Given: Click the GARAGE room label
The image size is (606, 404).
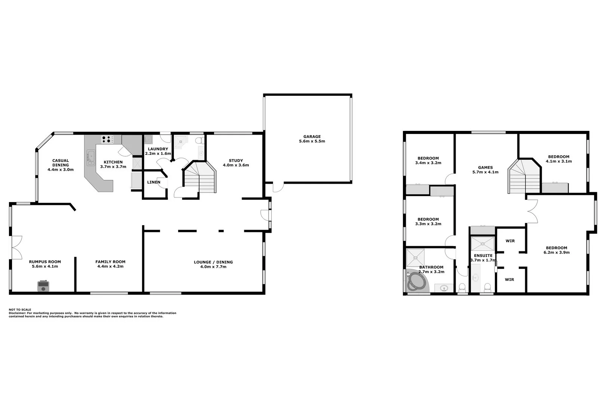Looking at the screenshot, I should click(312, 137).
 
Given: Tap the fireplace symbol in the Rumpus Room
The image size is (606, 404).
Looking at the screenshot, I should click(43, 287).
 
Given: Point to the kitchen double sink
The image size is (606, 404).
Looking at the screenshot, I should click(91, 157).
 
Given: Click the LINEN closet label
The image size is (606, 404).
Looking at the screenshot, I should click(153, 182).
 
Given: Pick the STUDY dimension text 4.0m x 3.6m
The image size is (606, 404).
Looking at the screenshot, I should click(236, 165).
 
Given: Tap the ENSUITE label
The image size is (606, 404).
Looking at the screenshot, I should click(483, 255).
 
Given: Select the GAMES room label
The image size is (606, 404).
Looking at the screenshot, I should click(485, 168).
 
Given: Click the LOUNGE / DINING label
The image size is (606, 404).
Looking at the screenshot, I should click(213, 262).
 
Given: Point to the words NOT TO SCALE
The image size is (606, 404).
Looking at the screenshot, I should click(20, 310).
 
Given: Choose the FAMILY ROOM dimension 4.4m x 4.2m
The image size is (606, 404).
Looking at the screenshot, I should click(110, 266).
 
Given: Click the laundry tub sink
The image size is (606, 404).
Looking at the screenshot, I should click(148, 140).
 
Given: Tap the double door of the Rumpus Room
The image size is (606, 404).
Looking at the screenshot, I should click(16, 247).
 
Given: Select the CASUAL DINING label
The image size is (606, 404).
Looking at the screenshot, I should click(61, 163).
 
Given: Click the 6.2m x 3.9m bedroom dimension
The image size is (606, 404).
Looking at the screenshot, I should click(556, 252).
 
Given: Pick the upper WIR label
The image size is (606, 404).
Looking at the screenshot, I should click(510, 241).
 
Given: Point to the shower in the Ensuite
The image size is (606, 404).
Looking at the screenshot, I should click(482, 244).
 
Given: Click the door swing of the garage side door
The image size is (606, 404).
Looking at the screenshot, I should click(277, 187).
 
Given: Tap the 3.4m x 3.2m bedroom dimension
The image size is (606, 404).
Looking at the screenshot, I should click(428, 163).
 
